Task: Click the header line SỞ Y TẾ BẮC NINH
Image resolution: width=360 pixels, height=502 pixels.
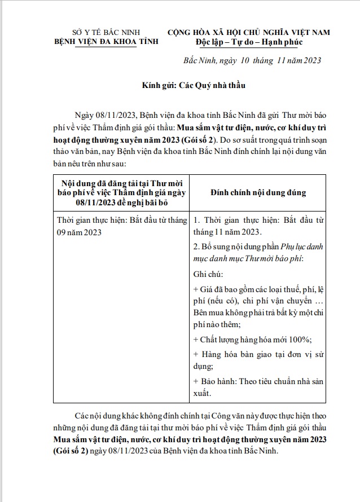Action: (x=106, y=32)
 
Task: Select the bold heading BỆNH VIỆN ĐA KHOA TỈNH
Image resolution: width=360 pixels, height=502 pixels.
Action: (x=106, y=41)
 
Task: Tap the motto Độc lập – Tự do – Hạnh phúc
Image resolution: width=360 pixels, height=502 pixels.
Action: (x=249, y=42)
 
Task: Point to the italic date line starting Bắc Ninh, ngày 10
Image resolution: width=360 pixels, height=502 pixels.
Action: (x=252, y=61)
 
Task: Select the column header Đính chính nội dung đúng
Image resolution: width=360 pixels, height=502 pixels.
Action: (x=258, y=192)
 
